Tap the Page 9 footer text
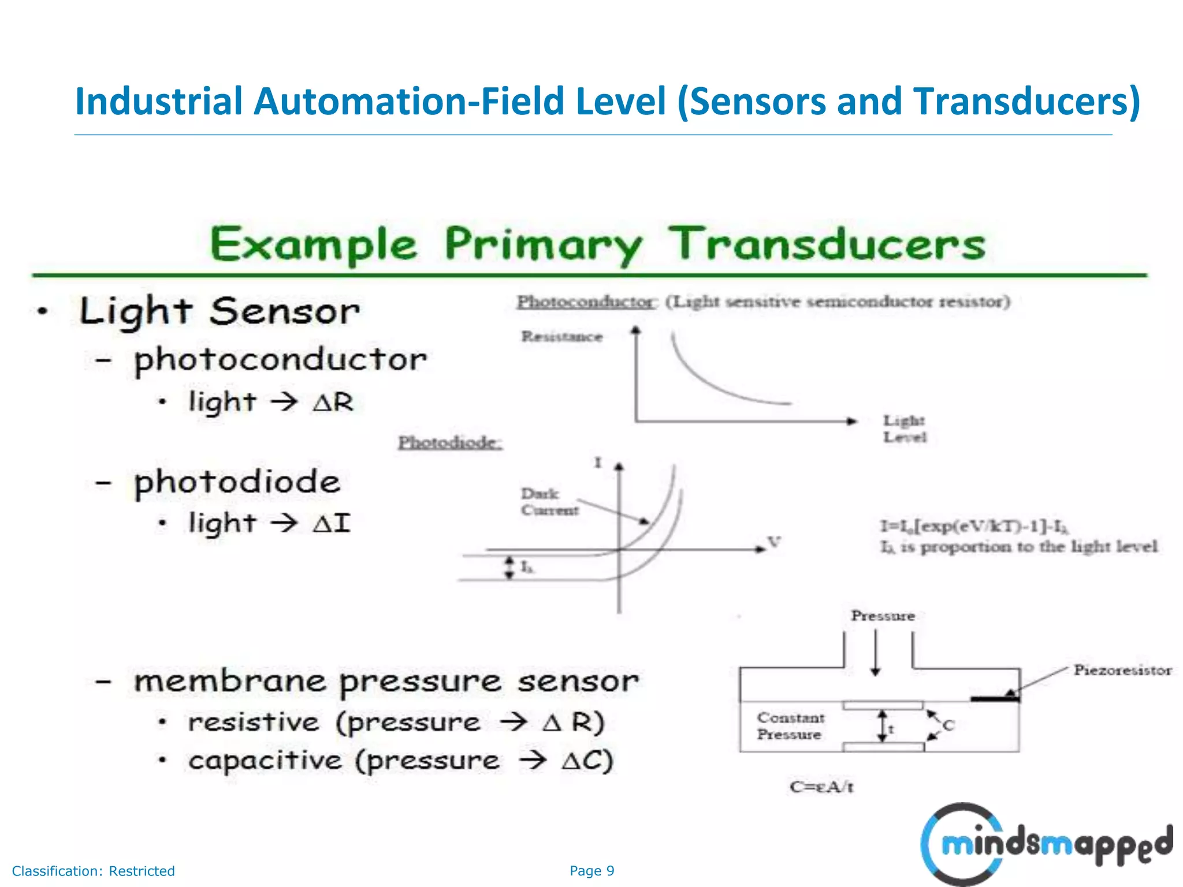tap(591, 871)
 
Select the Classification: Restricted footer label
tap(93, 871)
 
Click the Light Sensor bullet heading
tap(219, 312)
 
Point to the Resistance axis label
tap(561, 337)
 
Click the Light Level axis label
tap(904, 428)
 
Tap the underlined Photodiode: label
tap(449, 443)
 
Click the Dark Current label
tap(549, 502)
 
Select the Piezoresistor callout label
tap(1122, 670)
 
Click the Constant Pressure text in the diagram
tap(790, 726)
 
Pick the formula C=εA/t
tap(821, 787)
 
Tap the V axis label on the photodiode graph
tap(773, 542)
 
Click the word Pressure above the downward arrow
tap(883, 616)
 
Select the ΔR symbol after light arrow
tap(333, 402)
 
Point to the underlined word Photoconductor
tap(585, 302)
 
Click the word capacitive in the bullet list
tap(265, 761)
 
